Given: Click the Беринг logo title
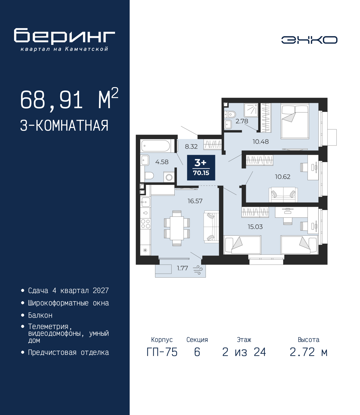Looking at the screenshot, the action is (64, 36).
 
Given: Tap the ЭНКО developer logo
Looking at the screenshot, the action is (309, 40).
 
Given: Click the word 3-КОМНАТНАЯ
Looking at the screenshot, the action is (64, 126).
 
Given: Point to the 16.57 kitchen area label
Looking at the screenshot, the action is (195, 201).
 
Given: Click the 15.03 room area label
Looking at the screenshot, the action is (255, 227).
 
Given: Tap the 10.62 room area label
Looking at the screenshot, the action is (283, 177).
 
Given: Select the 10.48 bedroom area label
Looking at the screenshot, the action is (260, 142).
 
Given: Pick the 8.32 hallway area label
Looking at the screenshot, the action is (191, 147).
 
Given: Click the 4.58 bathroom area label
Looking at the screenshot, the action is (162, 162).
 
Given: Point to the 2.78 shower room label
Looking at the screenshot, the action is (242, 121).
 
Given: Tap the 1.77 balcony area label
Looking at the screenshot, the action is (182, 268).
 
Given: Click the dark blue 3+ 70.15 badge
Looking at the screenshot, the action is (201, 167).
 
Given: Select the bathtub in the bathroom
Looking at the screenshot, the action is (156, 146).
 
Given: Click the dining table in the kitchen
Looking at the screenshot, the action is (177, 228).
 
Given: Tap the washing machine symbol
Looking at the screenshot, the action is (169, 177).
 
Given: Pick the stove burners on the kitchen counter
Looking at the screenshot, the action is (145, 224).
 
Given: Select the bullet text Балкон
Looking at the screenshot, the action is (40, 315).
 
